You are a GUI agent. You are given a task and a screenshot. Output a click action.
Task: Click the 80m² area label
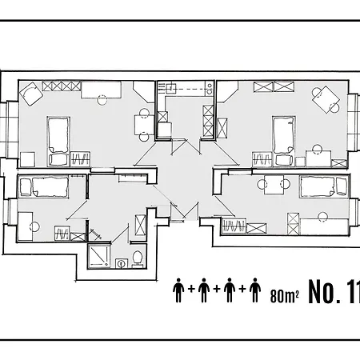[285, 296]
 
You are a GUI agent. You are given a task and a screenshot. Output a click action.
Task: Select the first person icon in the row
[178, 290]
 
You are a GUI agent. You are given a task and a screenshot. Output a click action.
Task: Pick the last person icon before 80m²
[255, 290]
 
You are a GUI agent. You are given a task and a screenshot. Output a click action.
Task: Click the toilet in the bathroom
[138, 258]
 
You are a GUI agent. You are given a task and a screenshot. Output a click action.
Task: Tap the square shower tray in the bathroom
[98, 257]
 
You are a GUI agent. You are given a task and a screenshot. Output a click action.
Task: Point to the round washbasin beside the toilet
[122, 263]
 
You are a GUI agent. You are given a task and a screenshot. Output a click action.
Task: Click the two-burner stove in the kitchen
[210, 88]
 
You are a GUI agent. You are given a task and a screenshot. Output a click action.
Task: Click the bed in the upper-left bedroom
[58, 142]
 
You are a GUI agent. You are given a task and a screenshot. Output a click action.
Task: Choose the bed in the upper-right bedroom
[284, 142]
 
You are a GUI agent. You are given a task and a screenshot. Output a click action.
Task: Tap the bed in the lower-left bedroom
[44, 186]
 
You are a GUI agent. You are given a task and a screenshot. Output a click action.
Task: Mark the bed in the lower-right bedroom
[324, 186]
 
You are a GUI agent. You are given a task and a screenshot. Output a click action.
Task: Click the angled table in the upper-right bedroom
[326, 99]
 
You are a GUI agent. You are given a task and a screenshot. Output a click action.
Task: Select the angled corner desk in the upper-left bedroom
[31, 94]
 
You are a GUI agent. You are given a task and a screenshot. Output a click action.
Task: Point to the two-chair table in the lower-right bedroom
[274, 185]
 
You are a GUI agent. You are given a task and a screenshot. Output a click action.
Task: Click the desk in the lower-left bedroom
[25, 226]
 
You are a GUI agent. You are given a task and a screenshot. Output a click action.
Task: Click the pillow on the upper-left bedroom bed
[58, 159]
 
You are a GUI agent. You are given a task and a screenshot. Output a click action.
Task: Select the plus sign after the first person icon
[191, 289]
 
